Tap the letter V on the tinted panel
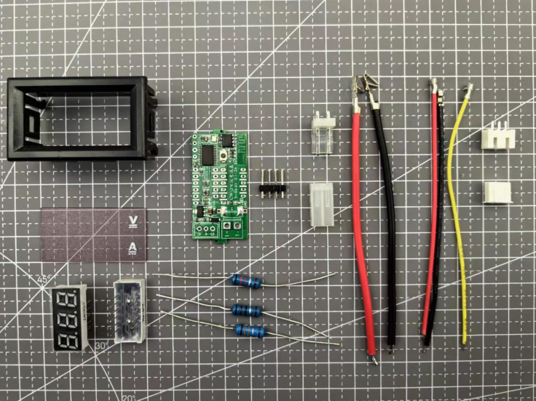pyautogui.click(x=133, y=220)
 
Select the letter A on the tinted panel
pyautogui.click(x=133, y=246)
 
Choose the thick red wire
pyautogui.click(x=362, y=223)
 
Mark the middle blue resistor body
pyautogui.click(x=247, y=311)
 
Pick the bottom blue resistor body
pyautogui.click(x=249, y=330)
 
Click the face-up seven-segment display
pyautogui.click(x=68, y=317)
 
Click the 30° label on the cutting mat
pyautogui.click(x=101, y=345)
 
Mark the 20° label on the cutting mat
pyautogui.click(x=128, y=398)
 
